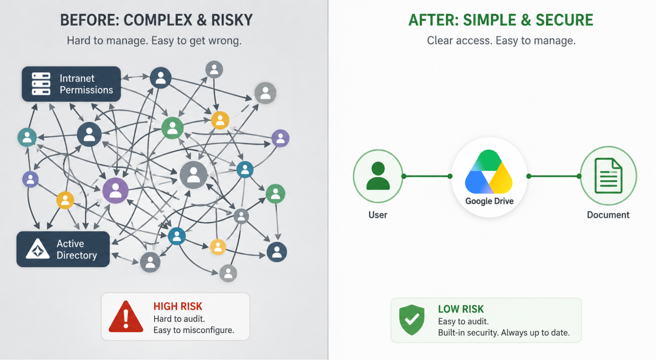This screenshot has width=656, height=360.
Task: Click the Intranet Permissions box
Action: coord(71,84)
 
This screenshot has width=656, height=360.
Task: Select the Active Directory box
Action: coord(63,249)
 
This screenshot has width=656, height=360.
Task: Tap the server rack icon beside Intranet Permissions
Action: coord(41,84)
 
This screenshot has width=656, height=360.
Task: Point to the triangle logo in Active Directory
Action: coord(38,249)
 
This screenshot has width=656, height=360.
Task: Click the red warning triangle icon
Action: coord(126,317)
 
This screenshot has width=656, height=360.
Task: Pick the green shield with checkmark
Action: coord(412,320)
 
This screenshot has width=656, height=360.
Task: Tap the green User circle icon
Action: coord(378,176)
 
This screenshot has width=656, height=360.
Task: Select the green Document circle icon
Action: coord(608,176)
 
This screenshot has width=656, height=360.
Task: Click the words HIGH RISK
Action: coord(178,306)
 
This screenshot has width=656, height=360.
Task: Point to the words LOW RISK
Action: coord(461,309)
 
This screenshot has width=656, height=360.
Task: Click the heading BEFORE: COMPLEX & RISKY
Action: coord(157,20)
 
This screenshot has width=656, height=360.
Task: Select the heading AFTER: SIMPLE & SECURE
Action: coord(501,20)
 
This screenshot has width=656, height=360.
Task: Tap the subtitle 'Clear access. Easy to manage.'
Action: coord(501,41)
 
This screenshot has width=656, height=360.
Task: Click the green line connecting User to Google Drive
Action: coord(427,176)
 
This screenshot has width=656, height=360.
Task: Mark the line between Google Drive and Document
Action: coord(554,176)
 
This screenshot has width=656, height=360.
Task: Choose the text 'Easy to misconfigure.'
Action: coord(194,330)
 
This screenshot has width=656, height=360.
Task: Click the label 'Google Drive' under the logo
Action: coord(489,201)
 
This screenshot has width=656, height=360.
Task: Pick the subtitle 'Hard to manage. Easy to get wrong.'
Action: coord(154,41)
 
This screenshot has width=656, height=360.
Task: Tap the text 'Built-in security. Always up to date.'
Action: coord(504,333)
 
